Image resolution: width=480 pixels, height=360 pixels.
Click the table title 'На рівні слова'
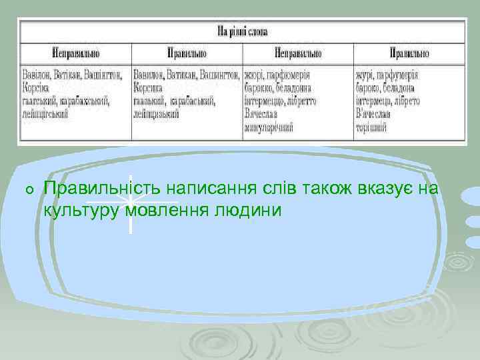241,30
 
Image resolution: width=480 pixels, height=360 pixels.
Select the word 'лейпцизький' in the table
157,114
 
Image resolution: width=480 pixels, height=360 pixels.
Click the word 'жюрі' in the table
253,75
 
